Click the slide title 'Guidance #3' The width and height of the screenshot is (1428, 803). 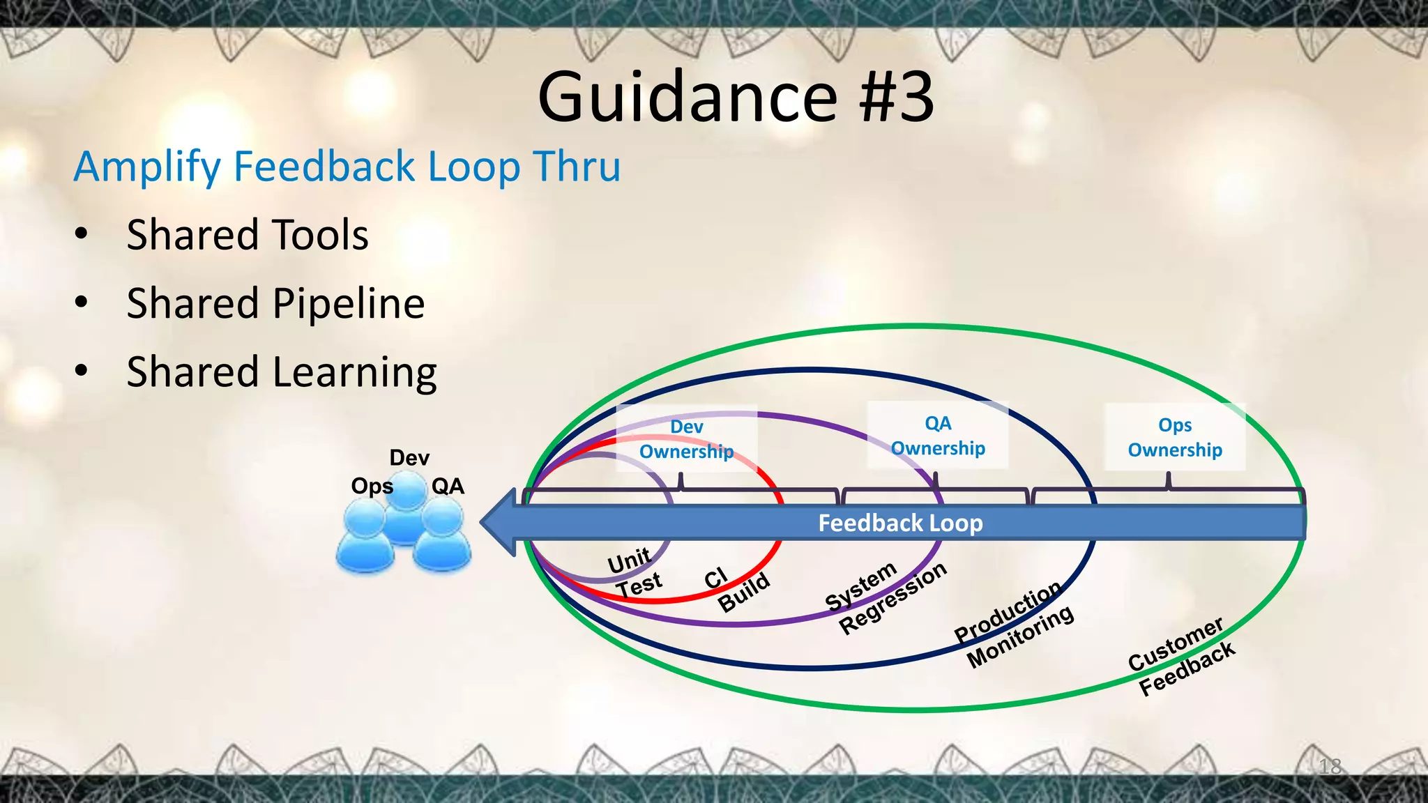(x=736, y=98)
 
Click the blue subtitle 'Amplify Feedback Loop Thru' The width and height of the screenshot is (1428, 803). (x=347, y=167)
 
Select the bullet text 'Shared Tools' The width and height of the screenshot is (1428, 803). (x=248, y=235)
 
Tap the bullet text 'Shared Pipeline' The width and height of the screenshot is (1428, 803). (x=275, y=303)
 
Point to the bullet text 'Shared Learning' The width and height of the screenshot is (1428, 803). (x=282, y=372)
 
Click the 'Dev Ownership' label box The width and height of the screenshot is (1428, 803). (x=687, y=439)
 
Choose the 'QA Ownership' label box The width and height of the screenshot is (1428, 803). (x=938, y=436)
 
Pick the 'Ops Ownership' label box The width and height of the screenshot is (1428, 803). (x=1175, y=438)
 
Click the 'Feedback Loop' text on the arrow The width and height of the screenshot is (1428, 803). (x=900, y=523)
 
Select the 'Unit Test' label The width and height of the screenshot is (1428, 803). (x=634, y=573)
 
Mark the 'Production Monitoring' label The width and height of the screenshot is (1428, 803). (x=1015, y=625)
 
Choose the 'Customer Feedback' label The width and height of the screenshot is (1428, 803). (x=1181, y=656)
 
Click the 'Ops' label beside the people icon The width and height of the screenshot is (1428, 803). (x=372, y=486)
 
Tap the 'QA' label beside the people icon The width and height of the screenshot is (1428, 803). (x=448, y=486)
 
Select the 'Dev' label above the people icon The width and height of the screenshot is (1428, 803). (x=409, y=458)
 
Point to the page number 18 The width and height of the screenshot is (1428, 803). (x=1330, y=767)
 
